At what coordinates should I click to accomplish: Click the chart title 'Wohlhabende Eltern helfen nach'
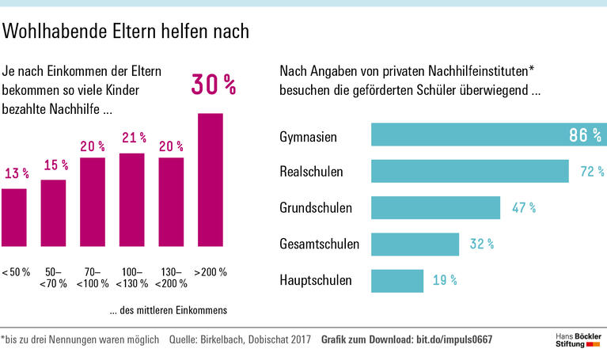tap(127, 31)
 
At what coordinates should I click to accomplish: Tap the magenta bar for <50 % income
tap(14, 218)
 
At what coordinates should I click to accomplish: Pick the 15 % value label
tap(55, 165)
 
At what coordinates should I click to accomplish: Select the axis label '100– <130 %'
tap(133, 277)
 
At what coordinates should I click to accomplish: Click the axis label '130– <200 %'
tap(172, 277)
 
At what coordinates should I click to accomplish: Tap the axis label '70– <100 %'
tap(93, 277)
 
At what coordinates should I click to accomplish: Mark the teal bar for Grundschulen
tap(435, 207)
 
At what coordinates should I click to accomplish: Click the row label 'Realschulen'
tap(311, 172)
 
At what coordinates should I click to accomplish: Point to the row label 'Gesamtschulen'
tap(319, 244)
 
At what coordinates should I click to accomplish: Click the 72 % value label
tap(591, 172)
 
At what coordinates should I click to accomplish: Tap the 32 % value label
tap(481, 244)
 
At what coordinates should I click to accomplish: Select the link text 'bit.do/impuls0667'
tap(454, 340)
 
